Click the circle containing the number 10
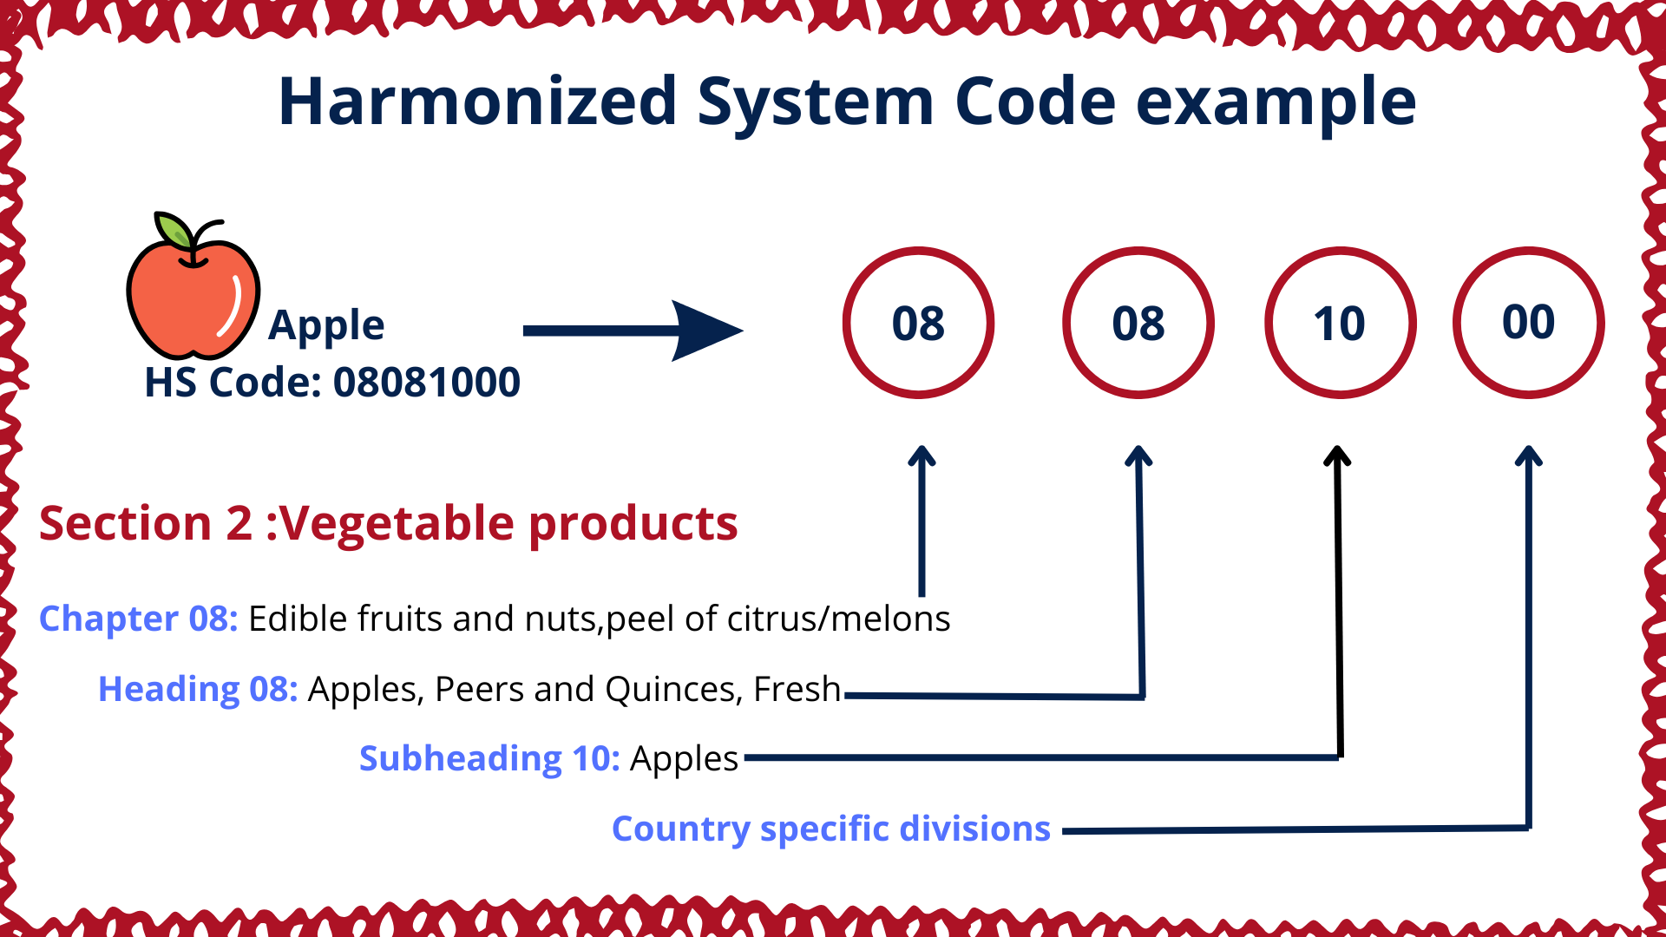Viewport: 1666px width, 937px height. click(x=1341, y=323)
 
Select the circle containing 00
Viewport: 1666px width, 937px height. click(x=1529, y=323)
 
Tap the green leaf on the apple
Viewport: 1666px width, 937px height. click(x=174, y=230)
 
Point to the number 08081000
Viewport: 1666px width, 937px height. click(x=427, y=383)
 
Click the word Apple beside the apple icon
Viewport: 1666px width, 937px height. click(x=326, y=326)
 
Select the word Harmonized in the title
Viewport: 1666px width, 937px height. click(x=477, y=102)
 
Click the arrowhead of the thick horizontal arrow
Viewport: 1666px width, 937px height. click(x=708, y=331)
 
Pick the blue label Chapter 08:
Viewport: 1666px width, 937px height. click(x=139, y=619)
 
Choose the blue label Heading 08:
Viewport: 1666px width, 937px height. click(x=198, y=689)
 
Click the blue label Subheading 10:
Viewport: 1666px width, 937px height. click(x=489, y=758)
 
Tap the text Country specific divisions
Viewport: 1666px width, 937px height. click(x=831, y=829)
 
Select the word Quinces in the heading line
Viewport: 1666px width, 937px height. click(x=673, y=690)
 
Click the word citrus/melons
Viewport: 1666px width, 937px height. click(x=838, y=619)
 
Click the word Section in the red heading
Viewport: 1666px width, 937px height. click(x=125, y=523)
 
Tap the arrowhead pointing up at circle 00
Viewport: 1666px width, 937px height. click(x=1529, y=455)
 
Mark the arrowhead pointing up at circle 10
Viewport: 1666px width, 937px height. click(x=1338, y=455)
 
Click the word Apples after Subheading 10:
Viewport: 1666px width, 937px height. click(x=684, y=759)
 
